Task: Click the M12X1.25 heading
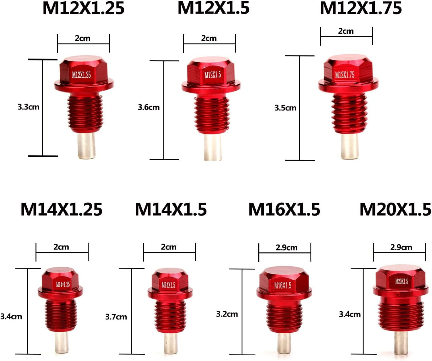pyautogui.click(x=83, y=8)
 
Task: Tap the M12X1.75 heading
pyautogui.click(x=361, y=8)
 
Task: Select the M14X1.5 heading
pyautogui.click(x=171, y=209)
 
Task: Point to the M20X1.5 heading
pyautogui.click(x=395, y=209)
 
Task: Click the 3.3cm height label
pyautogui.click(x=28, y=107)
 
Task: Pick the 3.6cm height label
pyautogui.click(x=149, y=107)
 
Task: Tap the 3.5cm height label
pyautogui.click(x=285, y=108)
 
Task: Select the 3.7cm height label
pyautogui.click(x=116, y=317)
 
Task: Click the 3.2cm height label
pyautogui.click(x=227, y=314)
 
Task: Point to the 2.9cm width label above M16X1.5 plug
pyautogui.click(x=286, y=248)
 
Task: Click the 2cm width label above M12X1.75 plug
pyautogui.click(x=346, y=31)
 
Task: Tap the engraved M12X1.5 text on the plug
pyautogui.click(x=213, y=75)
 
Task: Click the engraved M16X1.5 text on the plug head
pyautogui.click(x=282, y=285)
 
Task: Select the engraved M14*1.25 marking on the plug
pyautogui.click(x=63, y=285)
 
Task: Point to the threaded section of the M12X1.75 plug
pyautogui.click(x=349, y=113)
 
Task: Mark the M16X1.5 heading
pyautogui.click(x=284, y=209)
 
